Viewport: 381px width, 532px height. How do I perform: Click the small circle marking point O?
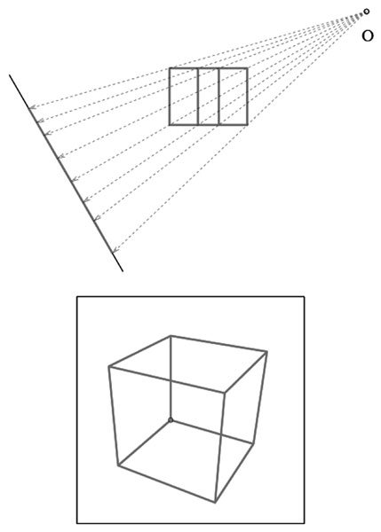(x=366, y=12)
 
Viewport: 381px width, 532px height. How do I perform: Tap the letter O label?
(x=368, y=35)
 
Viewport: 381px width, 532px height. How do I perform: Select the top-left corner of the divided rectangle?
(x=170, y=69)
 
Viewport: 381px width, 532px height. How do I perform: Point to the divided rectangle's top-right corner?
(x=247, y=69)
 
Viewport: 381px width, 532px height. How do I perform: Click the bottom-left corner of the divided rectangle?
(x=170, y=124)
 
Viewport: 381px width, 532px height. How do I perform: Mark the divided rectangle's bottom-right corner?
(x=247, y=124)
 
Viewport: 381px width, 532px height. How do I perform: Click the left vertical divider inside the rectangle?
(x=198, y=97)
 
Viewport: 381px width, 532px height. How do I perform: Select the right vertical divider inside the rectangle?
(x=219, y=97)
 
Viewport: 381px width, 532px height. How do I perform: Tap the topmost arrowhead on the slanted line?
(x=32, y=107)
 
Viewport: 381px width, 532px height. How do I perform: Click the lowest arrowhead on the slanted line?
(x=115, y=250)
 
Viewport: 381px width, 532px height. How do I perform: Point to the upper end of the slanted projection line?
(x=10, y=75)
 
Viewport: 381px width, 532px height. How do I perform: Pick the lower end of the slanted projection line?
(x=123, y=271)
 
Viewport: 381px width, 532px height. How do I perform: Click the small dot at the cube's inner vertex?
(x=171, y=420)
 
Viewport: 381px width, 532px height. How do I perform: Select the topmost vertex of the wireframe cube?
(x=171, y=336)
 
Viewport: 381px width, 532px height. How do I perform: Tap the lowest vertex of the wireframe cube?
(x=215, y=503)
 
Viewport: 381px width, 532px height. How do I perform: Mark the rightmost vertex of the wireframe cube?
(x=266, y=352)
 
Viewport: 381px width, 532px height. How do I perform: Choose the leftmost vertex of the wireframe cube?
(x=109, y=367)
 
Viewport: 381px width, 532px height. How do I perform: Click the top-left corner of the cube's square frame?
(x=77, y=297)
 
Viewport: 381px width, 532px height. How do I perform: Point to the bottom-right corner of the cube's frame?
(x=305, y=523)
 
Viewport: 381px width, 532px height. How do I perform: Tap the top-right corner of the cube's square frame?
(x=305, y=297)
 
